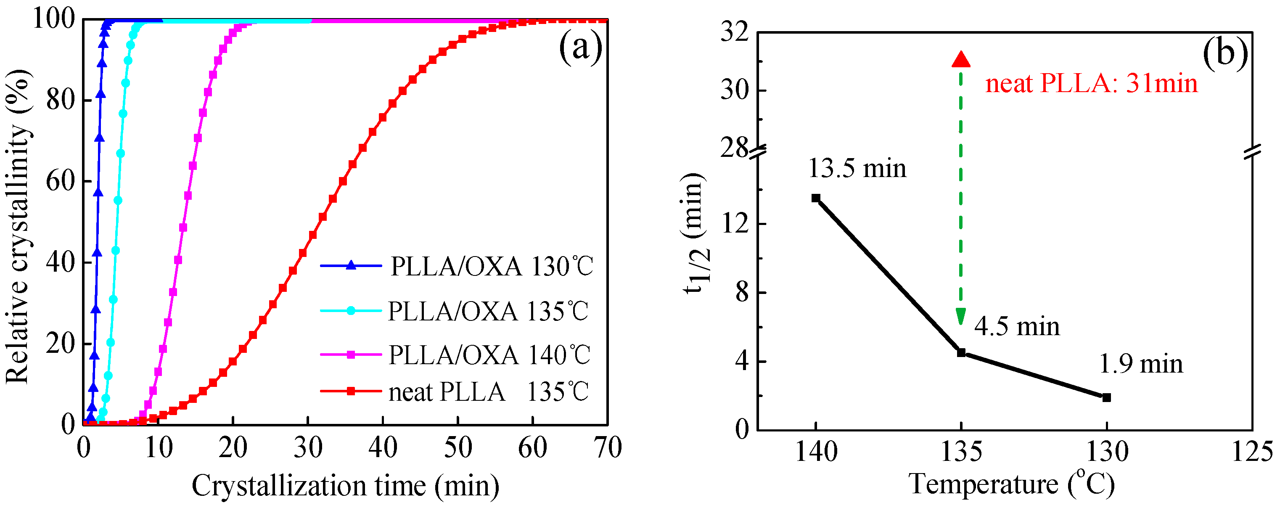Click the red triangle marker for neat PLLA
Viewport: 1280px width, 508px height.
pyautogui.click(x=960, y=60)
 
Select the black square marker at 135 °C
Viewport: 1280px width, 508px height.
pyautogui.click(x=961, y=352)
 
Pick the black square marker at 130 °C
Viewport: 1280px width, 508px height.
pyautogui.click(x=1106, y=397)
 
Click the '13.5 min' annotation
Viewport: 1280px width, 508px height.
pyautogui.click(x=857, y=169)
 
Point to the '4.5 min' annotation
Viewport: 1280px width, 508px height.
pyautogui.click(x=1017, y=327)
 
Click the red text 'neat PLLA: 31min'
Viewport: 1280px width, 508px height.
pyautogui.click(x=1091, y=83)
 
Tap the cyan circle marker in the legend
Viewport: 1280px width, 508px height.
pyautogui.click(x=351, y=311)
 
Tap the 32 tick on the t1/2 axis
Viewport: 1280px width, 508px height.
pyautogui.click(x=735, y=32)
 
